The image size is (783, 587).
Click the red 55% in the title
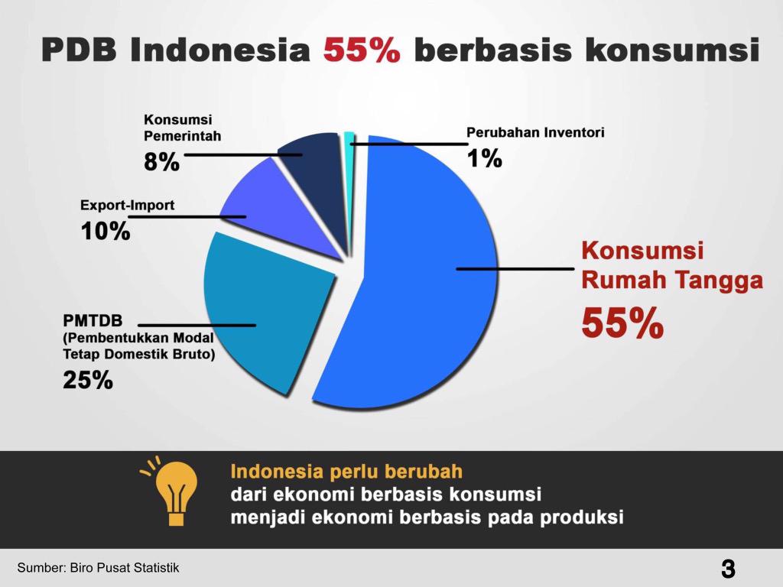tap(362, 50)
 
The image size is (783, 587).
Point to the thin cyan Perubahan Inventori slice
tap(349, 150)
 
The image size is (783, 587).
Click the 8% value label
tap(162, 162)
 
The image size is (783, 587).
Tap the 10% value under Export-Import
tap(106, 231)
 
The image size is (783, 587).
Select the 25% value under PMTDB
tap(88, 380)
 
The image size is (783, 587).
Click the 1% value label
tap(484, 158)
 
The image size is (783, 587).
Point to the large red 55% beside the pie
tap(622, 323)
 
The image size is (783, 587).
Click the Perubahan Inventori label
tap(535, 132)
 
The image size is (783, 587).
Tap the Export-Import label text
tap(128, 205)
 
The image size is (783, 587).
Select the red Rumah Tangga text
tap(672, 280)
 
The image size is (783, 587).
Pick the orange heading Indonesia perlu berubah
tap(346, 471)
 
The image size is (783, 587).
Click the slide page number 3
tap(728, 569)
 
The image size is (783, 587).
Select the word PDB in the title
tap(79, 50)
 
